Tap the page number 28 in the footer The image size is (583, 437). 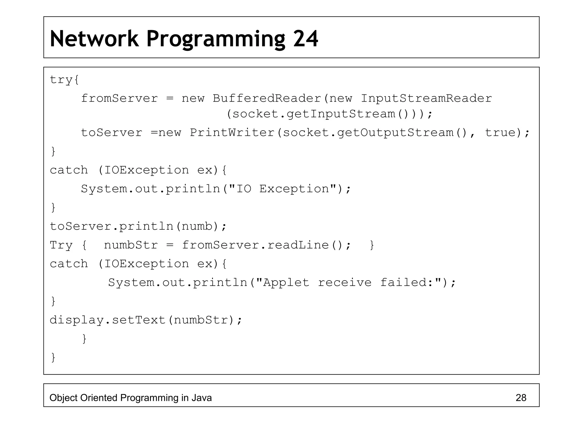[521, 398]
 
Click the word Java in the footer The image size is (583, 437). [201, 398]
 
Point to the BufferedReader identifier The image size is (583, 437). [267, 98]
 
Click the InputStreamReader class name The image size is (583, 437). [426, 98]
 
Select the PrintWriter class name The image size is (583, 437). [232, 133]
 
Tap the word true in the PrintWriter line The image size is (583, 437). [500, 133]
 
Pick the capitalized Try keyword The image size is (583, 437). [61, 245]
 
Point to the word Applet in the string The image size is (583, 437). [286, 283]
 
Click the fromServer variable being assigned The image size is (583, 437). [119, 98]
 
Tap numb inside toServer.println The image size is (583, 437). [197, 226]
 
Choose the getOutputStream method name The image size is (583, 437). [395, 133]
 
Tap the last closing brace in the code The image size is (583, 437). [53, 357]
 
